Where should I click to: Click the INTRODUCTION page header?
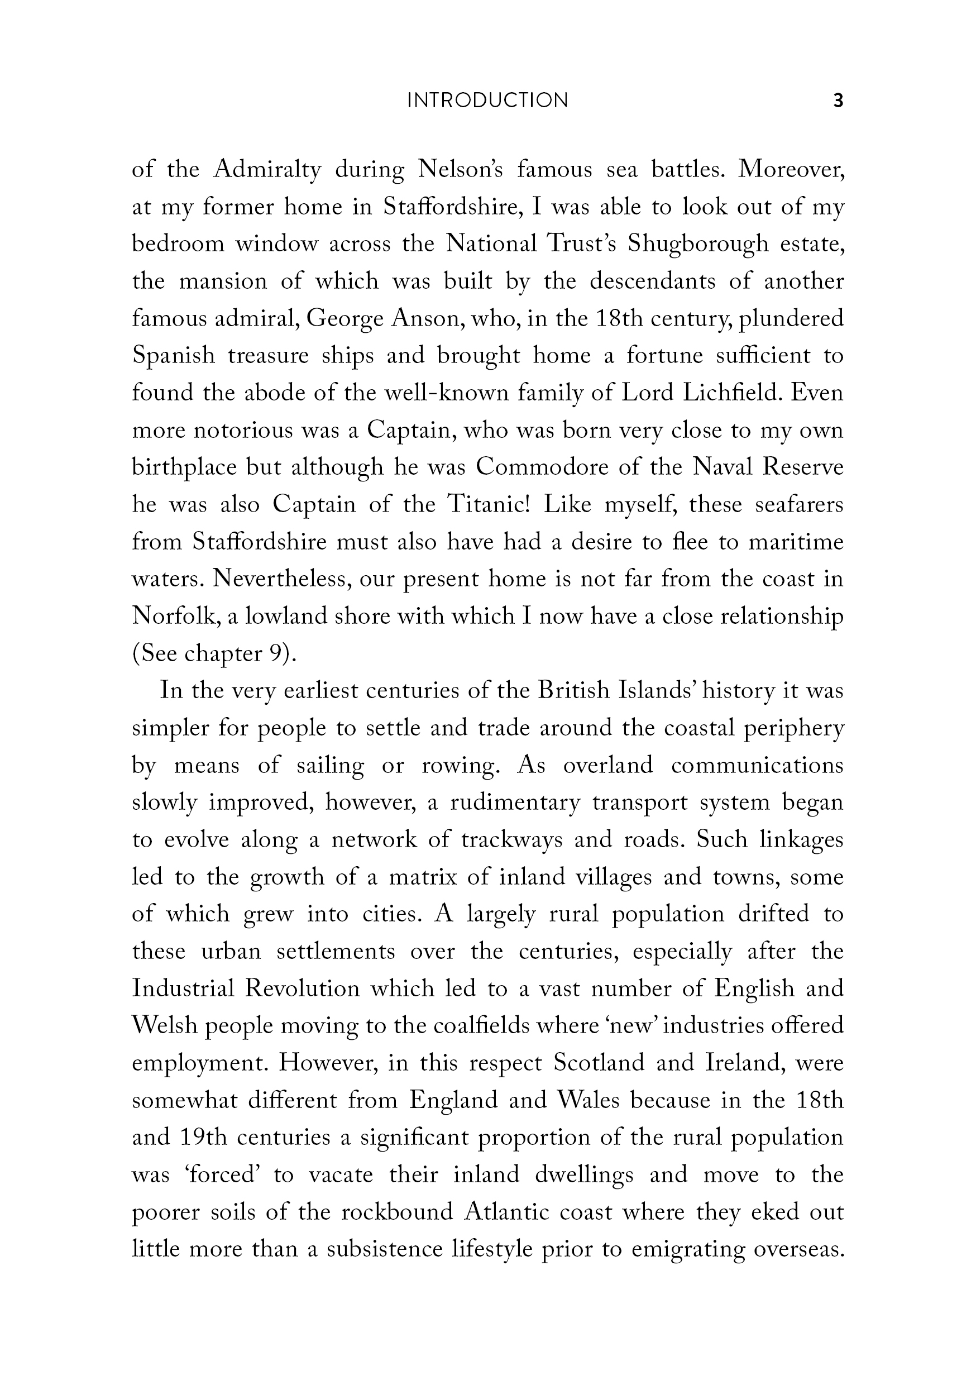click(x=487, y=100)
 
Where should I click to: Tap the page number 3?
click(x=838, y=100)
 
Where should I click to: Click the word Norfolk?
click(x=169, y=617)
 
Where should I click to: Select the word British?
click(x=573, y=691)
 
